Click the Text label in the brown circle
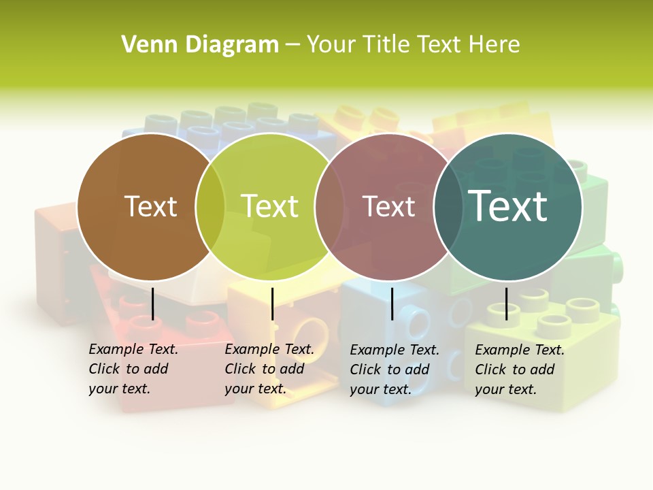pos(150,206)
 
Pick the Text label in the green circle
pos(269,206)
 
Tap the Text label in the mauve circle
pos(388,206)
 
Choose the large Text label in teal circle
pos(507,206)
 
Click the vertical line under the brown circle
pos(152,304)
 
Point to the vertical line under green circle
pos(272,304)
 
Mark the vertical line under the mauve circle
pos(392,304)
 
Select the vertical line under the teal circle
pos(506,304)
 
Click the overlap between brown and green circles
pos(210,206)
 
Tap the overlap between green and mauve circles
pos(329,206)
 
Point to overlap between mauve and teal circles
pos(448,206)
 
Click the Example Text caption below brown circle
pos(133,369)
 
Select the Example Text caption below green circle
pos(269,369)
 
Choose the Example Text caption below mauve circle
pos(395,370)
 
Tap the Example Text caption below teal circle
pos(520,370)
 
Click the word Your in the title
pos(331,45)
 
